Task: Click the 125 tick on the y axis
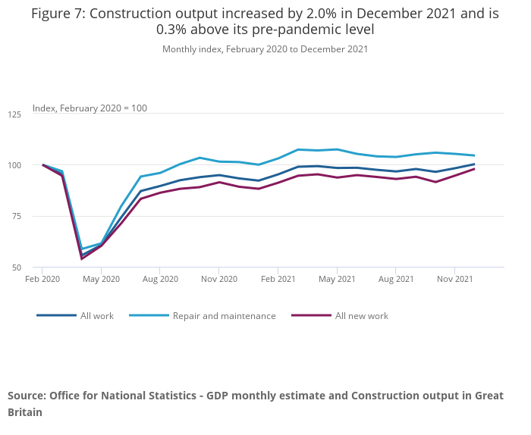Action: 14,114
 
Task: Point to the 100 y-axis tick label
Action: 14,165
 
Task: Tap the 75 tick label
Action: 16,217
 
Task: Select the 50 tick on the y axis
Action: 16,268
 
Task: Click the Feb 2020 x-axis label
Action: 42,279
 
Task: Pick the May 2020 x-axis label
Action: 101,279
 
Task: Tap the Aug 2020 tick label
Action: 160,279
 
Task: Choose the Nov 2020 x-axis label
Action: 218,279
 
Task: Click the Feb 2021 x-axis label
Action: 278,279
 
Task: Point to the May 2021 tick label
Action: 337,279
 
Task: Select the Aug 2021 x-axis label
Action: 395,279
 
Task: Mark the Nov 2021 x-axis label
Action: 454,279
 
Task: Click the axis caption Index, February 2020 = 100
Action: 90,108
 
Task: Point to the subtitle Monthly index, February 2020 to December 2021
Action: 265,49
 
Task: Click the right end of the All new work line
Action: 474,169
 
